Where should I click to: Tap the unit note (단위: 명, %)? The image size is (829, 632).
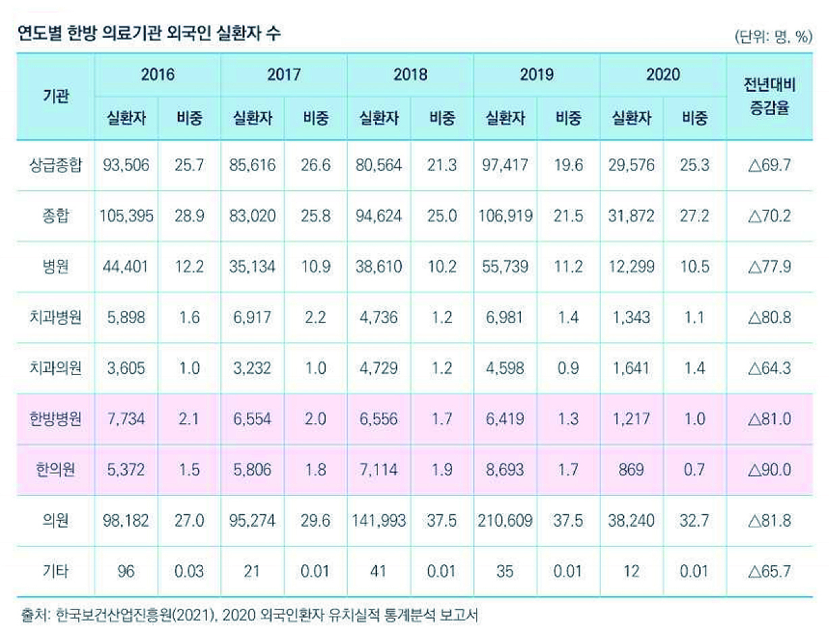click(x=772, y=38)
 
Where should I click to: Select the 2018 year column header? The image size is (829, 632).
click(x=410, y=74)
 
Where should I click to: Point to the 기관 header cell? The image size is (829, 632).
click(x=55, y=97)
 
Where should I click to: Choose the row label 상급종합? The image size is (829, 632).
click(x=55, y=165)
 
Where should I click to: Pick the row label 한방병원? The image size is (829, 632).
click(x=55, y=419)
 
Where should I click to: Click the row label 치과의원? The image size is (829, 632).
click(x=55, y=368)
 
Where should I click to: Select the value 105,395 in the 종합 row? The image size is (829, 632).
click(x=126, y=216)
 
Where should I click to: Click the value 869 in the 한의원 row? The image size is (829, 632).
click(x=632, y=469)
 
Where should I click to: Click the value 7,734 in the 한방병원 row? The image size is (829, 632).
click(x=126, y=419)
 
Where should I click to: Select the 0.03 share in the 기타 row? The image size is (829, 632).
click(x=189, y=571)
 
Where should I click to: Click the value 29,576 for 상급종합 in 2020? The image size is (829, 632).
click(x=632, y=165)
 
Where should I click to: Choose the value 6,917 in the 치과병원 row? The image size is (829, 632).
click(x=252, y=317)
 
